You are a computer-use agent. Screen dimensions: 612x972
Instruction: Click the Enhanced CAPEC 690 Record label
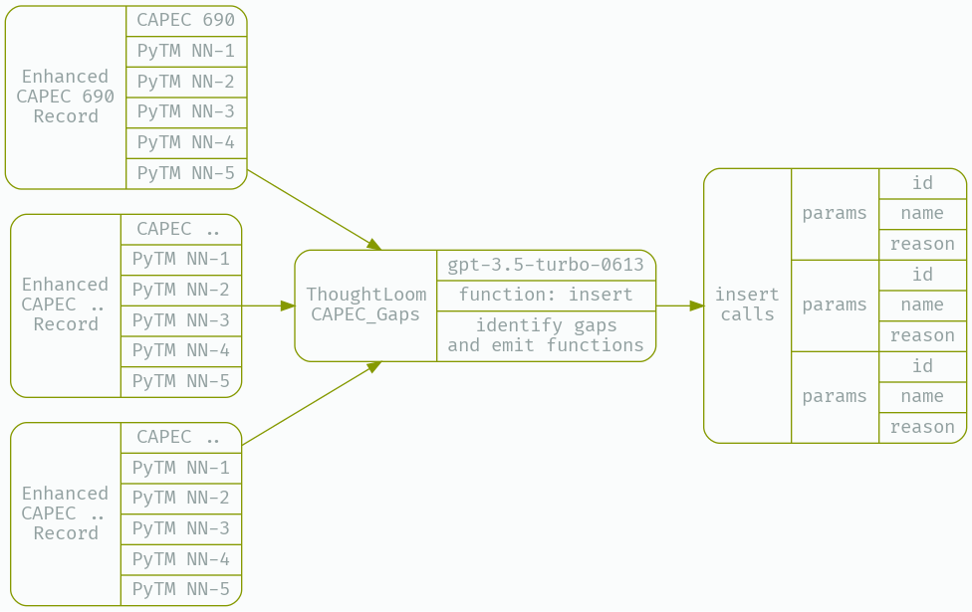click(x=66, y=97)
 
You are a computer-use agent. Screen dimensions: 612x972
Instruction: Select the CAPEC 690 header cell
click(x=186, y=20)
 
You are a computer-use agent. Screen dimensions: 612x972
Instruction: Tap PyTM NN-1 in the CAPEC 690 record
click(x=186, y=51)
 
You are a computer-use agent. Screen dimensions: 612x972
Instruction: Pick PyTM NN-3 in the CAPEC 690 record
click(x=186, y=111)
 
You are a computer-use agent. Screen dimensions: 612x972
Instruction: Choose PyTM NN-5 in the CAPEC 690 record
click(x=186, y=173)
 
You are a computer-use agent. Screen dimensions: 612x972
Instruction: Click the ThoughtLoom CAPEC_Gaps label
click(x=365, y=305)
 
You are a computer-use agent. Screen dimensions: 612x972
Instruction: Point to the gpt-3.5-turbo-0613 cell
click(x=546, y=265)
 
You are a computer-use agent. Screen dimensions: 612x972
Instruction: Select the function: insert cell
click(x=546, y=295)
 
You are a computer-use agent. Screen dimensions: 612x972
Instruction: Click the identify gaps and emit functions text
click(x=546, y=335)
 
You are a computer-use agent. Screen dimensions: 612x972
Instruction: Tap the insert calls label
click(x=747, y=305)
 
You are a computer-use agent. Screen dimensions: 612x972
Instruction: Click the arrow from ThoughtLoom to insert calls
click(x=680, y=306)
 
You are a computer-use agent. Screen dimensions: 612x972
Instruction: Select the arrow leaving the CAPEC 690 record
click(x=314, y=209)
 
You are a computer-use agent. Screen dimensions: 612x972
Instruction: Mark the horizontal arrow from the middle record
click(x=269, y=306)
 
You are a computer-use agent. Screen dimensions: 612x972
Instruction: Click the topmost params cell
click(x=835, y=213)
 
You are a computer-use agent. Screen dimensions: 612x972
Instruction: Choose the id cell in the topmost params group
click(x=922, y=183)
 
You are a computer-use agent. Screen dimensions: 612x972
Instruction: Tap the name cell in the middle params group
click(x=922, y=305)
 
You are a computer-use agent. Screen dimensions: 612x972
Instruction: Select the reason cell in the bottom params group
click(x=922, y=427)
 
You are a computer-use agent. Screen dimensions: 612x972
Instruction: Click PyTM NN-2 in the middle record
click(x=180, y=290)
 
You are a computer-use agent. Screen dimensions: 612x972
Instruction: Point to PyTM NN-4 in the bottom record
click(x=180, y=559)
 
